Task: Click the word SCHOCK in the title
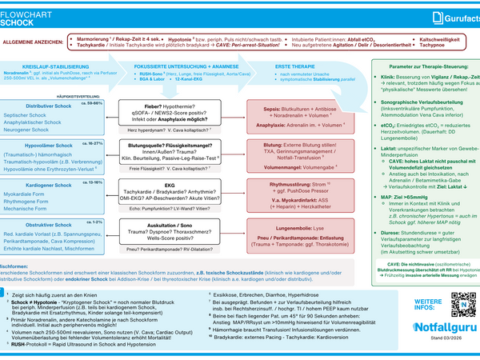coord(18,23)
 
